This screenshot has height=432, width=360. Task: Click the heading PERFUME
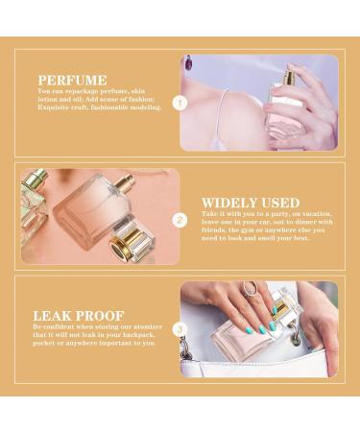click(73, 81)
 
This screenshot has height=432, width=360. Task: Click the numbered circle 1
click(179, 101)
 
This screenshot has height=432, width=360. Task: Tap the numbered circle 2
click(179, 219)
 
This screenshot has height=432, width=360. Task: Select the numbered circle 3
click(179, 329)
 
